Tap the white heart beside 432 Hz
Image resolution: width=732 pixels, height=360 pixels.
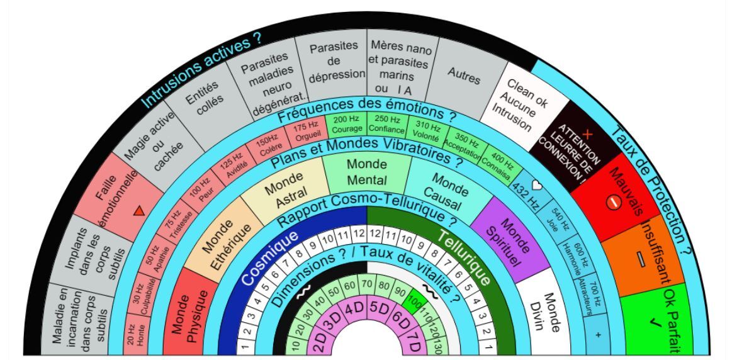[x=537, y=186]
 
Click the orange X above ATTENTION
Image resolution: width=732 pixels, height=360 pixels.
[x=587, y=134]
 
